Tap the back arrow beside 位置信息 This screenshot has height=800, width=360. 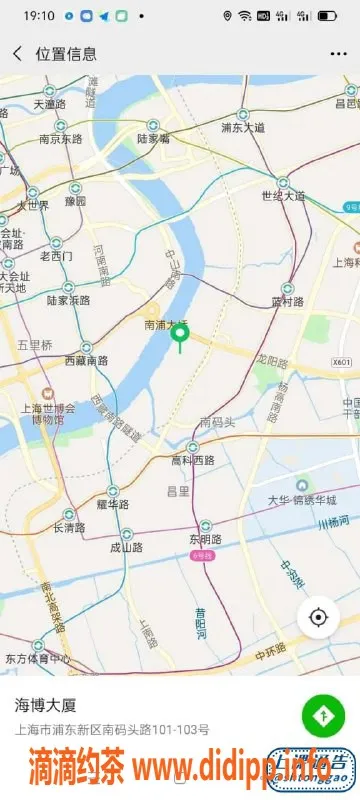point(17,54)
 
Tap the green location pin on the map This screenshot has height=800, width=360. point(180,336)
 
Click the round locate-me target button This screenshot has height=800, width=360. point(318,617)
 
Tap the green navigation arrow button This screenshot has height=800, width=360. point(322,715)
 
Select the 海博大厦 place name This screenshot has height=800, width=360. point(45,705)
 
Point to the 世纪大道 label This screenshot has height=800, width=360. point(283,196)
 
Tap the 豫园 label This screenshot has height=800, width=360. point(75,201)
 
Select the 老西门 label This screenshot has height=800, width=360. point(56,256)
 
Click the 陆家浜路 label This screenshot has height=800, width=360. point(69,299)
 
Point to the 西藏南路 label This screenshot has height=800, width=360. point(87,359)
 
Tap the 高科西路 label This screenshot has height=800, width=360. point(193,460)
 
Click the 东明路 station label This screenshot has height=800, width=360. point(204,539)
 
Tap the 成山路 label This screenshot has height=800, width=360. point(126,547)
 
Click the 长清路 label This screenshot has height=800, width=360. point(70,527)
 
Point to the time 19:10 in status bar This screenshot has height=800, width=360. point(38,16)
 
